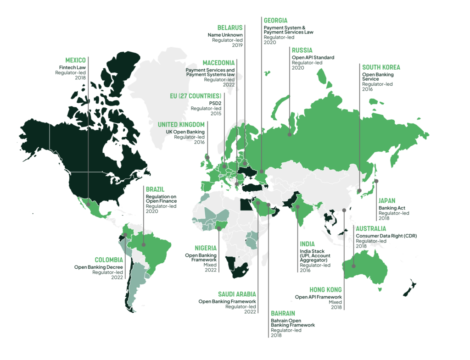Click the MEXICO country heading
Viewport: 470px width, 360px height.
point(75,60)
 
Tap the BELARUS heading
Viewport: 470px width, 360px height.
point(230,28)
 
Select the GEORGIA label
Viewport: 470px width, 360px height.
point(275,21)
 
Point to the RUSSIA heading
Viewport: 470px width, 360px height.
point(302,50)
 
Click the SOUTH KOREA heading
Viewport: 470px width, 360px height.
point(381,67)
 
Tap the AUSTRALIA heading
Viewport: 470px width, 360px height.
point(371,228)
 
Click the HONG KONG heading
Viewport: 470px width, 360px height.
point(325,290)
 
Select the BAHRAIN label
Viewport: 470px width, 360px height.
point(283,313)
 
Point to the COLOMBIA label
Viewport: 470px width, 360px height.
point(109,260)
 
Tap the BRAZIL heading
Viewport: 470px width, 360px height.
point(155,189)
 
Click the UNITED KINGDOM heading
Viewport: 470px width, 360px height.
point(181,125)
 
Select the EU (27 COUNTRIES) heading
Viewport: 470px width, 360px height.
point(196,96)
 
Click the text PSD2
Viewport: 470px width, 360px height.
point(215,103)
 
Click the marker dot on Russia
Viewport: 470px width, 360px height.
point(289,135)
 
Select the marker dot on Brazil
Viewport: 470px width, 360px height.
point(144,244)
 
